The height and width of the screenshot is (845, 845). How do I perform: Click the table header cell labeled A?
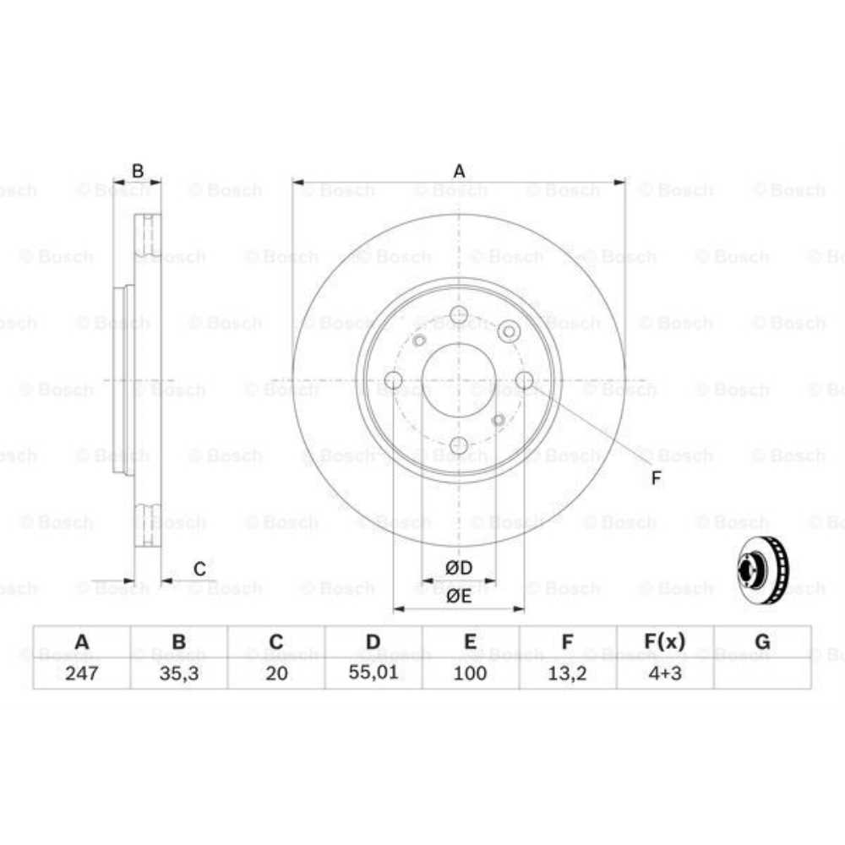coord(82,642)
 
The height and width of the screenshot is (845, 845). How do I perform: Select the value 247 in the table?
coord(82,673)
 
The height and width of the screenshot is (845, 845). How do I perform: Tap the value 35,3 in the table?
coord(179,673)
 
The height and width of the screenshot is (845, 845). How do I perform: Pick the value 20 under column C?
coord(276,673)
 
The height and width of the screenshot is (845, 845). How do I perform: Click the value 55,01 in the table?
coord(373,673)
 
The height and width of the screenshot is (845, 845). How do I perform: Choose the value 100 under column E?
coord(471,673)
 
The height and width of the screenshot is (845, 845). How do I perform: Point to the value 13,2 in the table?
coord(568,673)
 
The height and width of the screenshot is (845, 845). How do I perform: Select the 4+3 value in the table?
coord(665,673)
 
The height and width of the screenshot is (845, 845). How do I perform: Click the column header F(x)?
coord(665,642)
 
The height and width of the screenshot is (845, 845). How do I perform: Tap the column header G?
coord(762,642)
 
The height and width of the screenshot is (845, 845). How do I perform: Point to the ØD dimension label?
coord(459,567)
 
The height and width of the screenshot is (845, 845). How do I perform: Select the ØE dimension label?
coord(459,595)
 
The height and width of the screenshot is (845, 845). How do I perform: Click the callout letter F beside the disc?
coord(656,479)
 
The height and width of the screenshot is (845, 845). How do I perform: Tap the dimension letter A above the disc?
coord(459,172)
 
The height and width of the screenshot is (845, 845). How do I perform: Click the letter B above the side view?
coord(137,172)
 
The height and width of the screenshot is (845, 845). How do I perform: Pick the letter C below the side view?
coord(199,569)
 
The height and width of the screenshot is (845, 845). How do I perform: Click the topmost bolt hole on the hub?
coord(459,315)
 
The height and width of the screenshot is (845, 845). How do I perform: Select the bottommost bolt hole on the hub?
coord(459,445)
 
